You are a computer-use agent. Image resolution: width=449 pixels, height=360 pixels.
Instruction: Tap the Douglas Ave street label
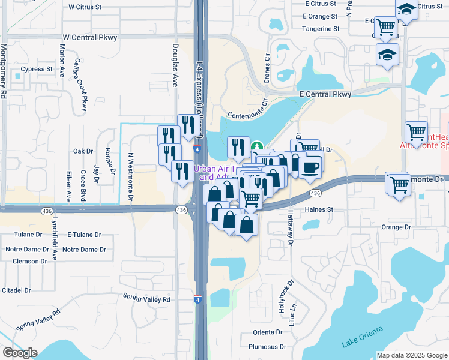[176, 65]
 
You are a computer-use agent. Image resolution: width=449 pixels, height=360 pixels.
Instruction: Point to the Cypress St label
[37, 69]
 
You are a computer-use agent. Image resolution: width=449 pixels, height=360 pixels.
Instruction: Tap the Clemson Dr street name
[26, 261]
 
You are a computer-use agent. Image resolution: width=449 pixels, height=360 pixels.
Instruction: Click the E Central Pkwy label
[325, 94]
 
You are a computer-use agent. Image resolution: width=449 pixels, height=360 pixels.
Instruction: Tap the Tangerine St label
[321, 28]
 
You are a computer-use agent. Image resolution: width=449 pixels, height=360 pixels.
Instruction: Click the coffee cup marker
[310, 167]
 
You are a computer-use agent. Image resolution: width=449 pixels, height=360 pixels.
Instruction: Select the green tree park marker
[257, 146]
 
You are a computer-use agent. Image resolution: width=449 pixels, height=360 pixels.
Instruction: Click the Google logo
[20, 353]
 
